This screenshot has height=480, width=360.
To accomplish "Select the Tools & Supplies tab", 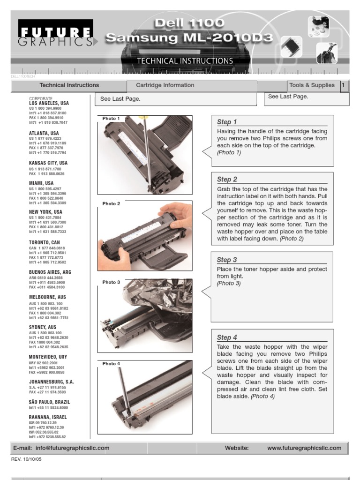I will pos(312,85).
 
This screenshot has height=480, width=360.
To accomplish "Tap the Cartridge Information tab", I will pos(165,85).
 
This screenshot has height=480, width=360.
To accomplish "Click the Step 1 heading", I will pos(226,122).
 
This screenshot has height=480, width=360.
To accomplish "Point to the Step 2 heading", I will pos(227,179).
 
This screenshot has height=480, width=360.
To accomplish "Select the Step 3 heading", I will pos(227,260).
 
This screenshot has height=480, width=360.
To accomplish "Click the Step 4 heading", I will pos(227,337).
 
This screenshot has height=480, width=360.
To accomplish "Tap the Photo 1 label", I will pos(111,119).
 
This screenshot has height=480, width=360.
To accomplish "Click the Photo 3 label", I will pos(111,282).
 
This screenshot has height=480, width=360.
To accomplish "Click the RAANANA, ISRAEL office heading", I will pos(48,417).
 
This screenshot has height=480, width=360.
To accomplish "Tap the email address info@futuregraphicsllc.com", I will pos(72,448).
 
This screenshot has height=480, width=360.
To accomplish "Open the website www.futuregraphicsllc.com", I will pos(304,448).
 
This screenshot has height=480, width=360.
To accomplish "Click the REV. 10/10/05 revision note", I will pos(26,459).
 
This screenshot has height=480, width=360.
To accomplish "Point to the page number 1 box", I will pos(344,85).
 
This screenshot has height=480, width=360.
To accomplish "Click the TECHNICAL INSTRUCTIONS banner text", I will pos(185,61).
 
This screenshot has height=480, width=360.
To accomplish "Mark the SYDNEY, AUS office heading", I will pos(43,327).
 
